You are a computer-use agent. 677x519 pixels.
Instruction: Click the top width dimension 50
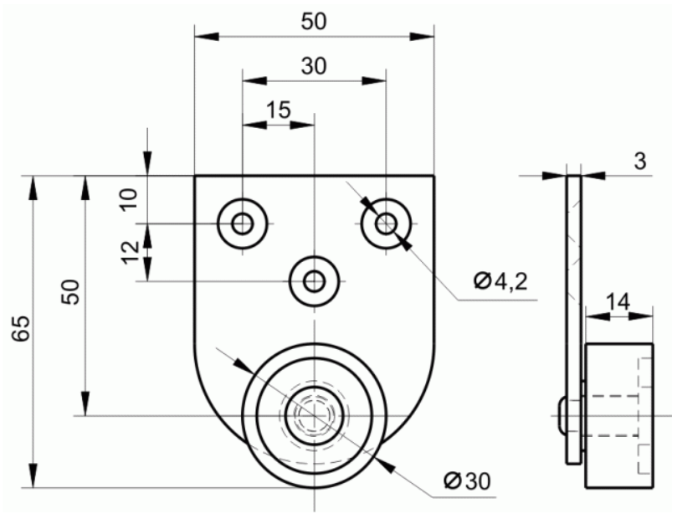coord(314,22)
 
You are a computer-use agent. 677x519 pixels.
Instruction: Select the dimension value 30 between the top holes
coord(314,66)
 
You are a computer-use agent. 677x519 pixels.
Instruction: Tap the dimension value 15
coord(279,110)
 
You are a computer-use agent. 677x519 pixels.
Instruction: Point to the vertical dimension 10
coord(130,199)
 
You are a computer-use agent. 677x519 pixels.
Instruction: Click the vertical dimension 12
coord(130,252)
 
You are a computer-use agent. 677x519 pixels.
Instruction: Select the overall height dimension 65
coord(21,328)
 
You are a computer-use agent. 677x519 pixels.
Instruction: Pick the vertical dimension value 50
coord(70,292)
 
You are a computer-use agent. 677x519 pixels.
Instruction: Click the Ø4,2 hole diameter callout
coord(500,282)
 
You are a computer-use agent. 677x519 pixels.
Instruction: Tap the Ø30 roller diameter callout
coord(468,480)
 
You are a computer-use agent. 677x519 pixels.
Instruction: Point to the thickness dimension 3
coord(640,161)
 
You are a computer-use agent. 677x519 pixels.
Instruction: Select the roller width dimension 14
coord(618,302)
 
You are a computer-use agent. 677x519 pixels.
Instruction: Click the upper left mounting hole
coord(242,224)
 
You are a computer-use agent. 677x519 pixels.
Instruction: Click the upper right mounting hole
coord(386,224)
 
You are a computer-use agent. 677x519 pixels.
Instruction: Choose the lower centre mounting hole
coord(315,281)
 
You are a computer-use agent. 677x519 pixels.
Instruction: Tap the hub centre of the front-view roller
coord(315,415)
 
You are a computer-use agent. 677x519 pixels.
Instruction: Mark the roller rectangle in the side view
coord(618,415)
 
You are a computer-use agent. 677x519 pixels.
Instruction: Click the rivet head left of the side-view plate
coord(562,415)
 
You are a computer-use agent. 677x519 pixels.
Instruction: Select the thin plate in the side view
coord(574,320)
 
